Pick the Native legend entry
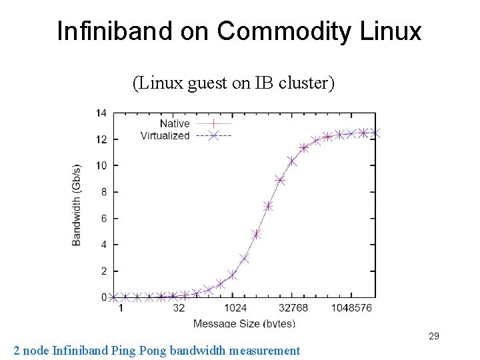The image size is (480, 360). pos(175,123)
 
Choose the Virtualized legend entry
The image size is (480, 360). pos(165,135)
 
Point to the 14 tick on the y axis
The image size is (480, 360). pos(101,113)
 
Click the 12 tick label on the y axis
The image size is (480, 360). pos(101,139)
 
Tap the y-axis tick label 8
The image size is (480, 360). pos(103,192)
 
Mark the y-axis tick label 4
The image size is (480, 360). pos(103,245)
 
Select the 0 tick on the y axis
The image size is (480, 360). pos(103,297)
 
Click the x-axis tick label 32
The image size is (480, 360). pos(179,309)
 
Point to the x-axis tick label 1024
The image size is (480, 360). pos(236,309)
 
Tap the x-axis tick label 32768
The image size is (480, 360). pos(294,309)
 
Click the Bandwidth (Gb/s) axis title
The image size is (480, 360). pos(77,204)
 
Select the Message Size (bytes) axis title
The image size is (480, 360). pos(244,323)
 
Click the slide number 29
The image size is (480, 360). pos(433,336)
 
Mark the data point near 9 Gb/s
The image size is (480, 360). pos(280,180)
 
